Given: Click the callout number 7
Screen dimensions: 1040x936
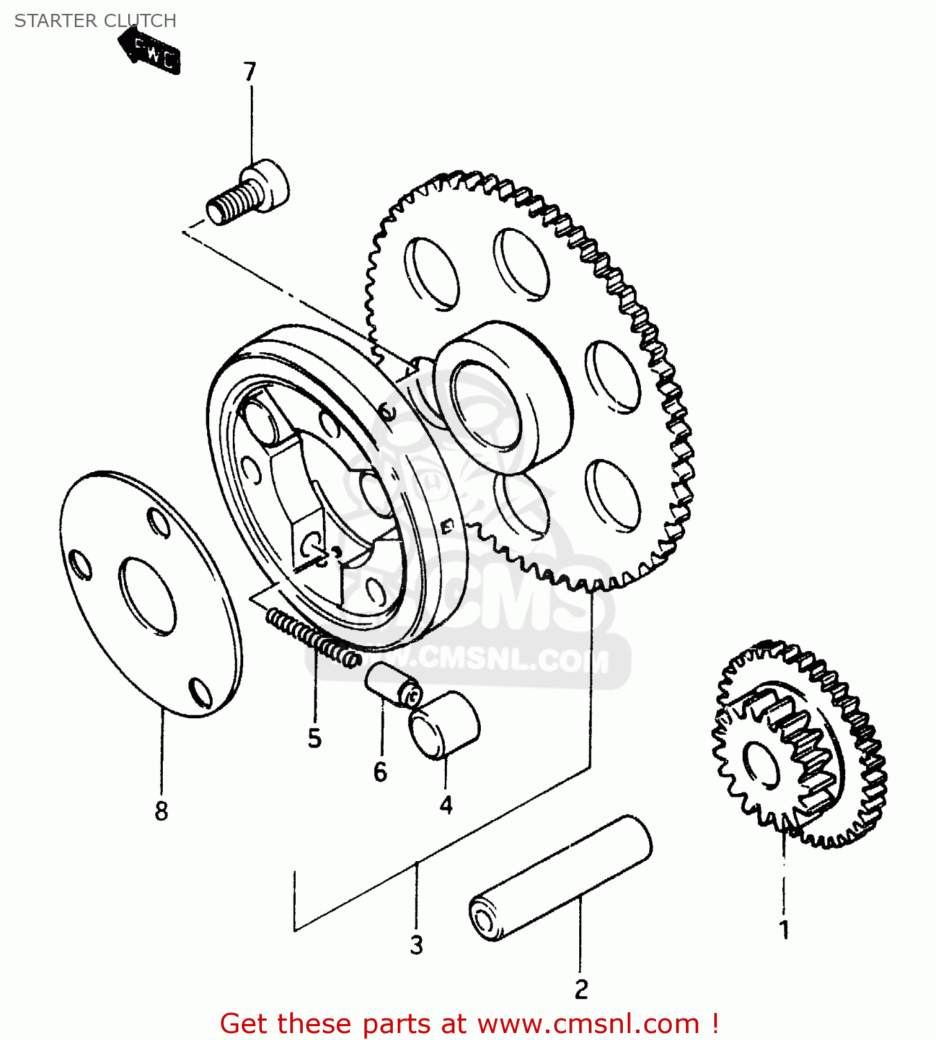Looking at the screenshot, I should point(249,71).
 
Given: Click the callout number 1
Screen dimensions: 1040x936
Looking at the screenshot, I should point(784,930).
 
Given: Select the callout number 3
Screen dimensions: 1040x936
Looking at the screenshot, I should point(416,944).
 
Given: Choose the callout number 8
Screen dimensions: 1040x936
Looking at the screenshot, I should point(161,810).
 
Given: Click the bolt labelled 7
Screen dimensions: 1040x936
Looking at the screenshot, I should point(248,192).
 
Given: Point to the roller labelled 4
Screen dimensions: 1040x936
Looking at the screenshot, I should point(444,725).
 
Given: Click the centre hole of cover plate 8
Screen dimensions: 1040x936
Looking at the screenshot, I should point(148,596).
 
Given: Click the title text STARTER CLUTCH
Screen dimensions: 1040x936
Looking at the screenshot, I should point(96,21).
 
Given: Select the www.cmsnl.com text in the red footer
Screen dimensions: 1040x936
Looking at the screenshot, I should point(589,1023).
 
